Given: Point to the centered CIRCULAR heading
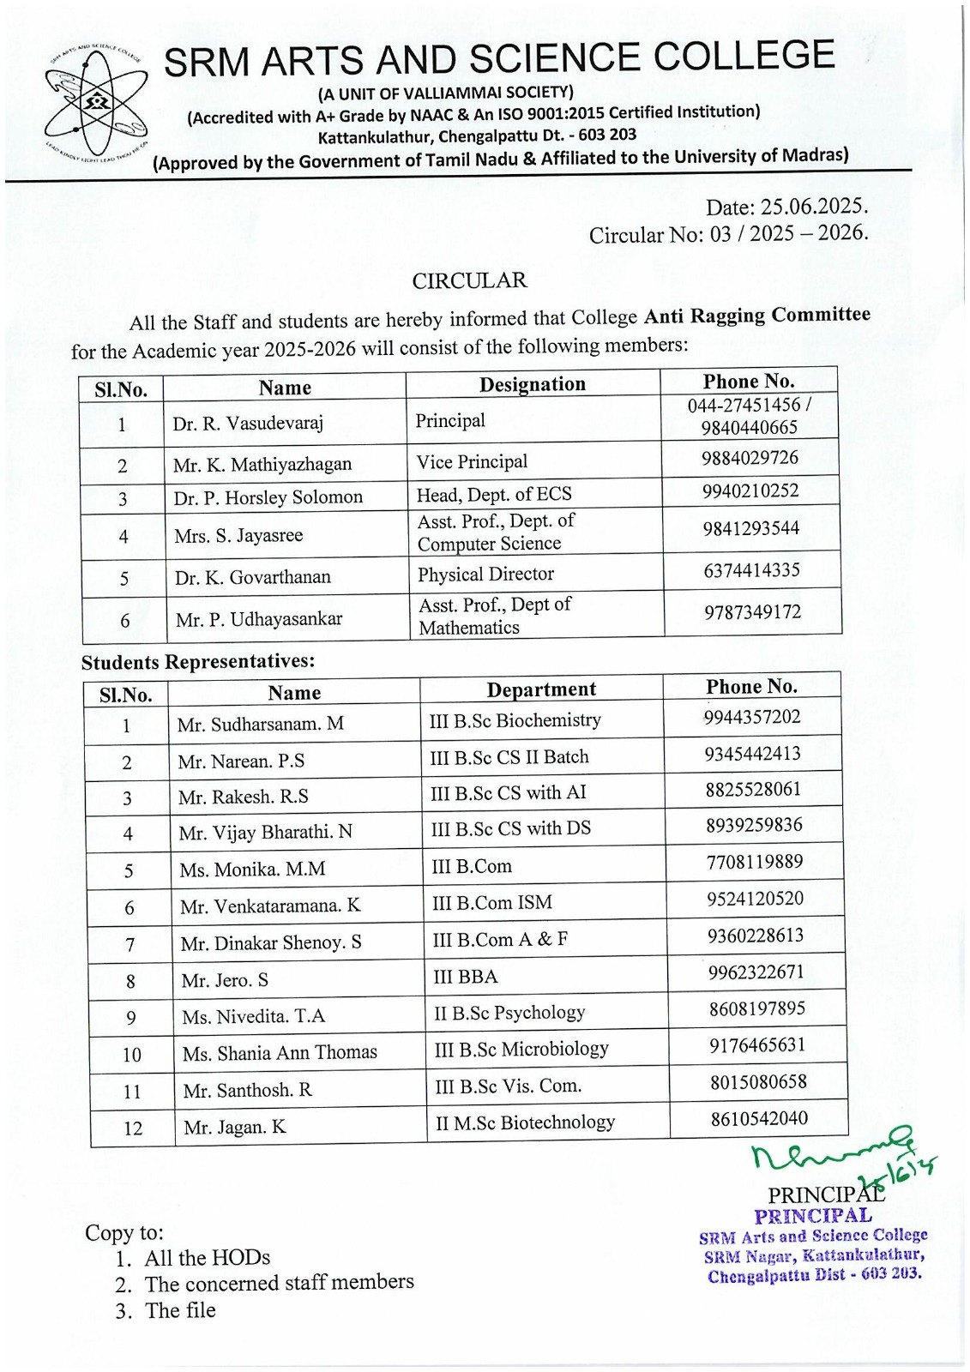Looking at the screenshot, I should coord(469,281).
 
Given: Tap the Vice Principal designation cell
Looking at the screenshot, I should coord(472,462).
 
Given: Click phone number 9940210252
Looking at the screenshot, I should coord(750,491).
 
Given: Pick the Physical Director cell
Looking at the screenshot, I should coord(485,575).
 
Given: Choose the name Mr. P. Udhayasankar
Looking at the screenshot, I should coord(259,619).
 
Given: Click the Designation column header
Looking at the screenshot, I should coord(532,384).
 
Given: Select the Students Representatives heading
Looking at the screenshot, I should coord(198,662).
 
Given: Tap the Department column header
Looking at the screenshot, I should coord(541,689).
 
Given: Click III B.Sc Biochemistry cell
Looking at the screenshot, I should coord(515,720).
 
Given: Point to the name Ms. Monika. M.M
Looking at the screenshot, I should coord(252,870).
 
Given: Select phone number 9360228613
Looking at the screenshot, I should coord(756,936).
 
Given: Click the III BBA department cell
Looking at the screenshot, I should coord(466,977).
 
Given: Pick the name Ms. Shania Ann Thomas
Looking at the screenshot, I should coord(280,1053).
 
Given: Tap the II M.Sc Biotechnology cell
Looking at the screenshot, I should coord(525,1122).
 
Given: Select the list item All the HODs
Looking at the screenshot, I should coord(207,1258).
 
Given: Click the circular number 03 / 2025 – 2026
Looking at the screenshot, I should coord(788,233).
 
